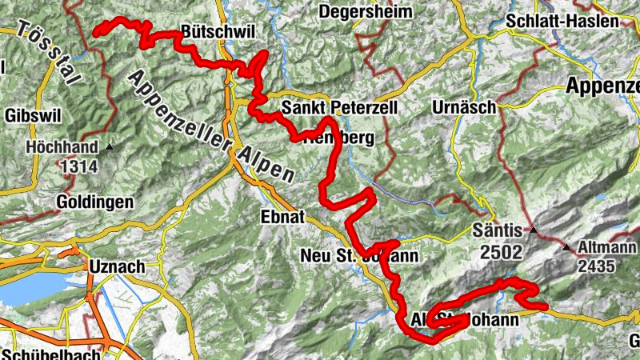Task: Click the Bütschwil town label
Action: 218,31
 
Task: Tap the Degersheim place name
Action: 366,11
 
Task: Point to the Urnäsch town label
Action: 463,106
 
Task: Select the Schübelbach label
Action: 51,354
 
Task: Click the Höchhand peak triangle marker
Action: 110,147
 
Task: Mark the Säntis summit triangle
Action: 532,231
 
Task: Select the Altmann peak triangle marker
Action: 566,248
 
